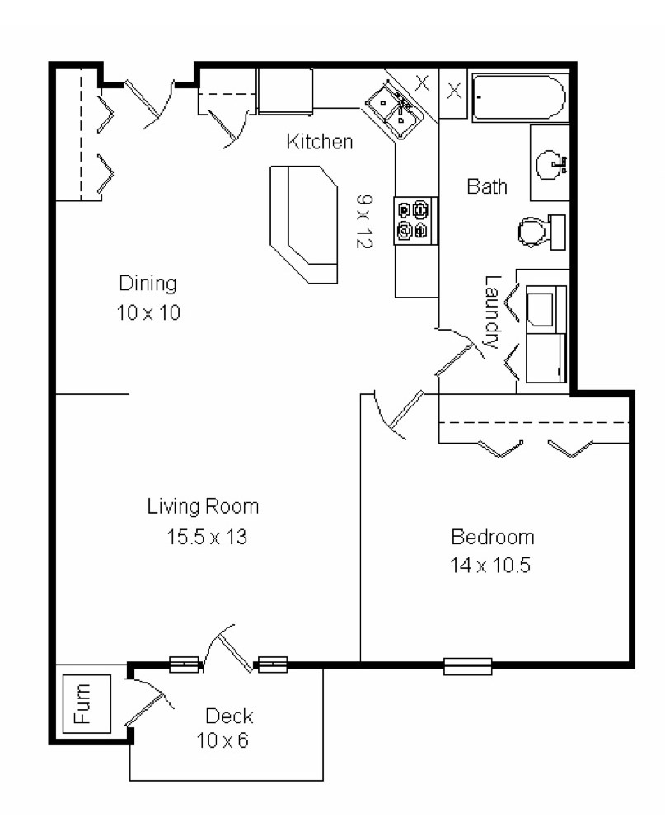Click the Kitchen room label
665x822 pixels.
319,142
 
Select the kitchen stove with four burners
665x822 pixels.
414,220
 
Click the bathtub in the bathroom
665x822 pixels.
519,99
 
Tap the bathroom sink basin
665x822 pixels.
550,164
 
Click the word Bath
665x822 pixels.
487,186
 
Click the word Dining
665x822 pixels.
148,284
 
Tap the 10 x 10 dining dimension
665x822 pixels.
148,313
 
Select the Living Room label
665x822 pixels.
203,506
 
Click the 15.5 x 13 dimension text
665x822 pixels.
207,538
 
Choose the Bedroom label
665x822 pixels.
492,538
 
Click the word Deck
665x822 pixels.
229,716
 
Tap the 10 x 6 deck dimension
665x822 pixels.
222,740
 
